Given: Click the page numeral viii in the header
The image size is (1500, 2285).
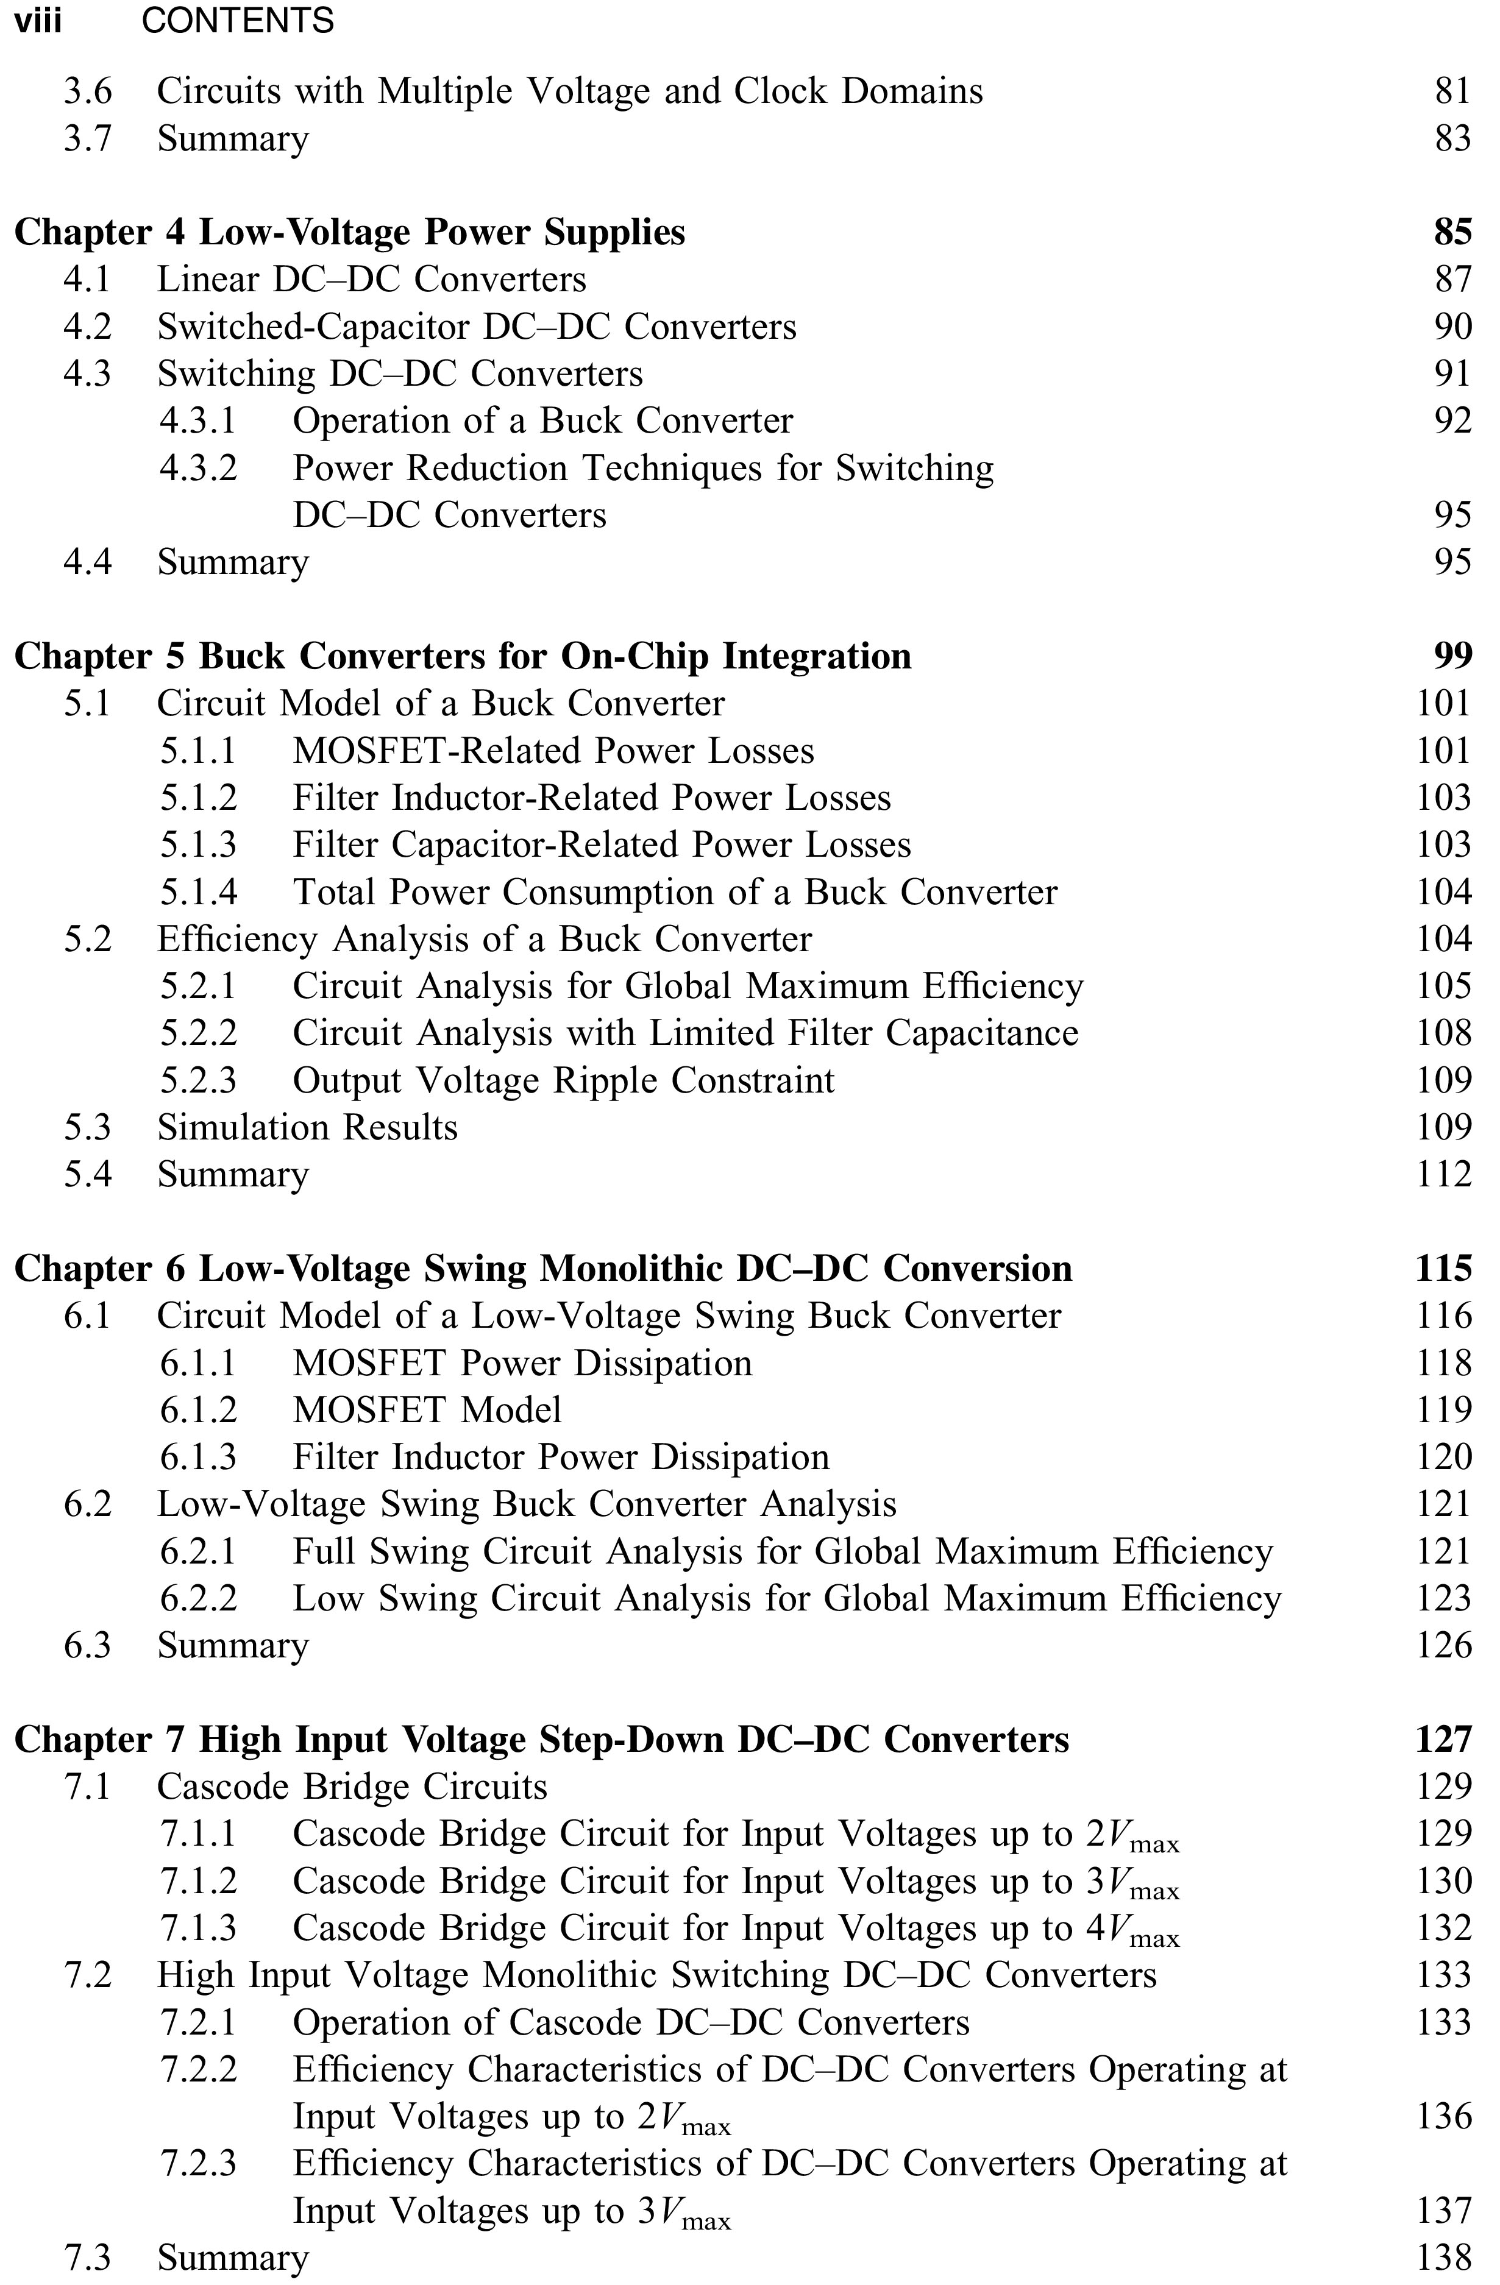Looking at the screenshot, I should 38,20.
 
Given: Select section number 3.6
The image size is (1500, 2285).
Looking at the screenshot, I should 87,91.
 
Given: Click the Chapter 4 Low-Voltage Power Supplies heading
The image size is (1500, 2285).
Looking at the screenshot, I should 349,232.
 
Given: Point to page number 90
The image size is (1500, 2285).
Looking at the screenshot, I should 1452,327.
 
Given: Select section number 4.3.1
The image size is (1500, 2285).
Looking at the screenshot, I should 198,420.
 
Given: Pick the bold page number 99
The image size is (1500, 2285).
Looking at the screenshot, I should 1452,656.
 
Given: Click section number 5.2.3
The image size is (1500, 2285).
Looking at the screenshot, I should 198,1080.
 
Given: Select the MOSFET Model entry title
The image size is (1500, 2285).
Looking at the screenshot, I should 427,1409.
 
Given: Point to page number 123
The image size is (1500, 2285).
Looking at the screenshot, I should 1443,1598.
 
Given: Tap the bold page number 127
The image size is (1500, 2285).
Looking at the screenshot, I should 1443,1738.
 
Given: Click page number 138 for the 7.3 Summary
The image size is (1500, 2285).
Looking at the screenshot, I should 1443,2257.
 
